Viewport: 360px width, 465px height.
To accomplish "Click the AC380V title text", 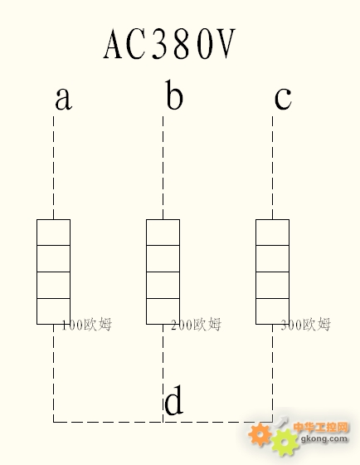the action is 169,44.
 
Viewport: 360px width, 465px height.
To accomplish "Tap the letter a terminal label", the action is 63,99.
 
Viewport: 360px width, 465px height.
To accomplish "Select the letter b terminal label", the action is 174,95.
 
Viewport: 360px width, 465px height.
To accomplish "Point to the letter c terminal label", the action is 283,99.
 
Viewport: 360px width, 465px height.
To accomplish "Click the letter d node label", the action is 173,399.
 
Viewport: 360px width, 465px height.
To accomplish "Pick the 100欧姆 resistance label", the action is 86,324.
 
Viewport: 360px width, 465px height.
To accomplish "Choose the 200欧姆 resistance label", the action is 196,324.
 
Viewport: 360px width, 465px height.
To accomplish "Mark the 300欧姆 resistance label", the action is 305,324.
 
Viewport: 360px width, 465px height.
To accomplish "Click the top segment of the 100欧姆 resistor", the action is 53,232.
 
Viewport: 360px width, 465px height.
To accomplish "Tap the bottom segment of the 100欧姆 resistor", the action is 53,311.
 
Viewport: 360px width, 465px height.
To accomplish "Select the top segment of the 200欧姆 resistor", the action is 163,232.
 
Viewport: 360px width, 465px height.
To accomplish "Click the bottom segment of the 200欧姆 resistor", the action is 163,311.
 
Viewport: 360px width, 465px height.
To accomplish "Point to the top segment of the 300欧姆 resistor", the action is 272,232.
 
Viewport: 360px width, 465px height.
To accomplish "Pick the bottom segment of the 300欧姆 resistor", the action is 272,311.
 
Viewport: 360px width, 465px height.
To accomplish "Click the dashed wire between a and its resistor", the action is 53,168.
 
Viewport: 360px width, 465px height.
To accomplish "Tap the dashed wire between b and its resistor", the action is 163,168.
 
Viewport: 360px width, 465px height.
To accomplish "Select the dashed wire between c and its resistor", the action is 272,168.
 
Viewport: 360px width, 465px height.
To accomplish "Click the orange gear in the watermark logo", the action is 260,434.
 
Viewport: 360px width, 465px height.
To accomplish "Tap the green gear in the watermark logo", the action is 285,443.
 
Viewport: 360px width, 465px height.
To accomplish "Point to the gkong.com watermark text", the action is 324,438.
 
